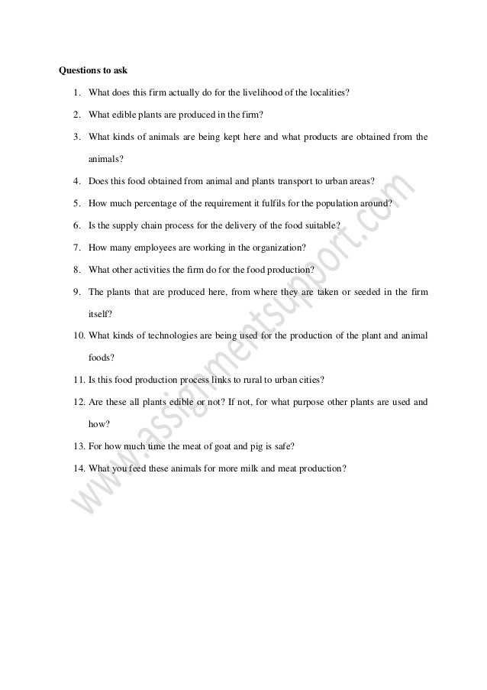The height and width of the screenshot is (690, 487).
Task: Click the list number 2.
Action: pyautogui.click(x=78, y=115)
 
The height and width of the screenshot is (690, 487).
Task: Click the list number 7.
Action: pyautogui.click(x=78, y=248)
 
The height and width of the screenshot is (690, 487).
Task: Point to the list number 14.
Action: pyautogui.click(x=79, y=468)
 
